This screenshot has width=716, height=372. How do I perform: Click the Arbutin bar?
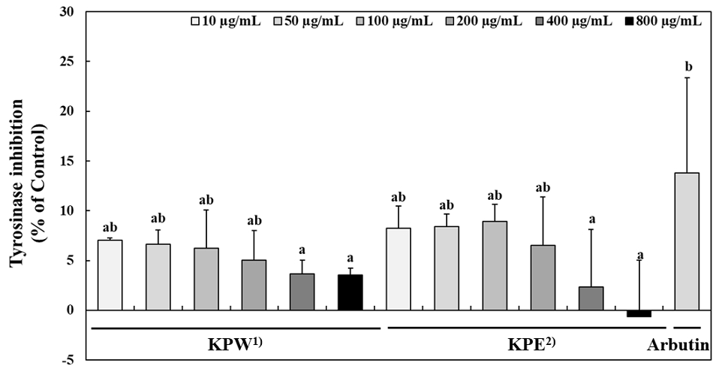coord(687,241)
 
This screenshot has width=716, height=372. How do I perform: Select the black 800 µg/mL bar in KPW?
coord(350,292)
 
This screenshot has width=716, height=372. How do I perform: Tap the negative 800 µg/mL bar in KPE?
coord(639,313)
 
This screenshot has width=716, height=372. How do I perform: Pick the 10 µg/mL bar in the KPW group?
coord(110,275)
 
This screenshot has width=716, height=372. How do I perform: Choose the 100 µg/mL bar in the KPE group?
coord(495,265)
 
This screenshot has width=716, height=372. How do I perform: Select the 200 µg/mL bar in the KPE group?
coord(543,277)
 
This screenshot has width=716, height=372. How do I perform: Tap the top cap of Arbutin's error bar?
coord(687,78)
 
